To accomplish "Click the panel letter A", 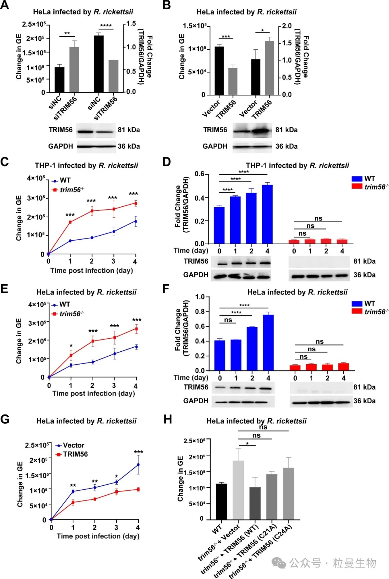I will (x=4, y=5).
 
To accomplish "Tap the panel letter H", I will (x=168, y=419).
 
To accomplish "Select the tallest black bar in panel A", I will (x=98, y=64).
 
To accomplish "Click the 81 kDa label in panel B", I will (x=286, y=130).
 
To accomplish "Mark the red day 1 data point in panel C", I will (x=70, y=222).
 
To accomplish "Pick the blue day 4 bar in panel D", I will (x=267, y=214).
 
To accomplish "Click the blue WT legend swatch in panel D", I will (x=357, y=179).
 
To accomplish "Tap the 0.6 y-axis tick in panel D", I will (x=199, y=174).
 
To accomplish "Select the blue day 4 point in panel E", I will (x=136, y=347).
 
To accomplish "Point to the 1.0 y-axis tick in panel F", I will (x=200, y=297).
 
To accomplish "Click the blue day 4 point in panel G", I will (x=138, y=465).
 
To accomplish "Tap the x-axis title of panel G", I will (x=98, y=536).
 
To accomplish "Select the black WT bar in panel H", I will (x=221, y=501).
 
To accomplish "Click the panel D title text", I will (x=297, y=165).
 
